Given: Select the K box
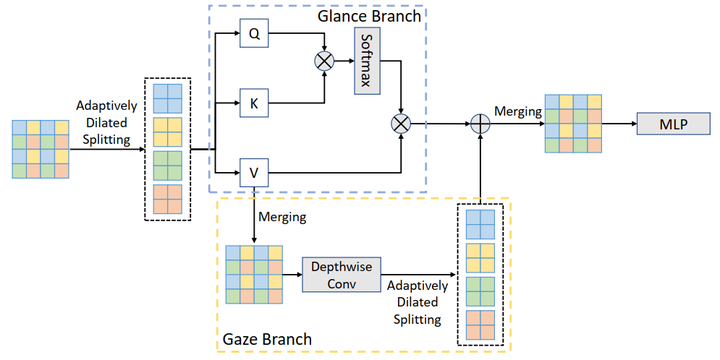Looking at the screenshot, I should tap(255, 101).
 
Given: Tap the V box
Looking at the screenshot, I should tap(255, 173).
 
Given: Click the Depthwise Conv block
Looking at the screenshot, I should tap(337, 273).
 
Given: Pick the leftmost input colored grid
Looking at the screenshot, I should tap(40, 148).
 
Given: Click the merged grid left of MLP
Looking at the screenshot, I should tap(574, 125).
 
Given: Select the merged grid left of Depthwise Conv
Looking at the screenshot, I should tap(255, 273).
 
